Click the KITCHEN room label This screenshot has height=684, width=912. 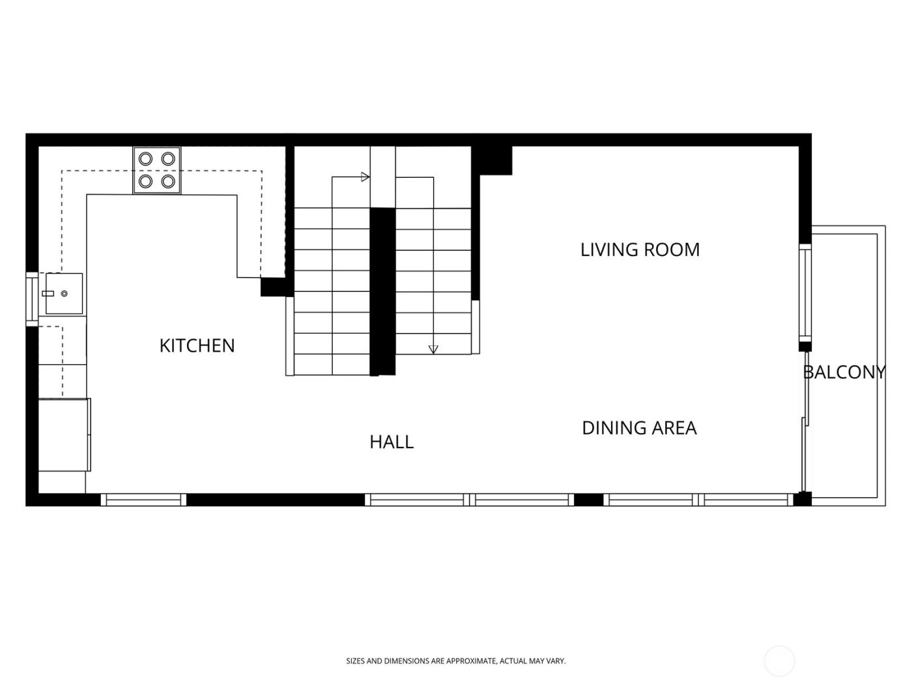click(197, 345)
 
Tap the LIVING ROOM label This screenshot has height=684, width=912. click(640, 249)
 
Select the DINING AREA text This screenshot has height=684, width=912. click(639, 428)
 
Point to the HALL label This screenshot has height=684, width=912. click(392, 442)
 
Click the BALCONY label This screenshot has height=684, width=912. click(844, 372)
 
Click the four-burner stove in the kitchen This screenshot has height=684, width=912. click(157, 170)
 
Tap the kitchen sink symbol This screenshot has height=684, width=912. click(64, 294)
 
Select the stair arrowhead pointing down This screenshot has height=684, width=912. click(433, 349)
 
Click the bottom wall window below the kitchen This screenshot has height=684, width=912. click(144, 500)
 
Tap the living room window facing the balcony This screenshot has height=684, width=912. click(805, 292)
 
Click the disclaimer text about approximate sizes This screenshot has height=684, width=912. click(455, 661)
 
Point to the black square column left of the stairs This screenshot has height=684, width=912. click(273, 287)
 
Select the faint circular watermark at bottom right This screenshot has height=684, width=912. click(779, 661)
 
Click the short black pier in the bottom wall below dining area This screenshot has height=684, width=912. click(588, 500)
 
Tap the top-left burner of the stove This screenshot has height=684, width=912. click(147, 158)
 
